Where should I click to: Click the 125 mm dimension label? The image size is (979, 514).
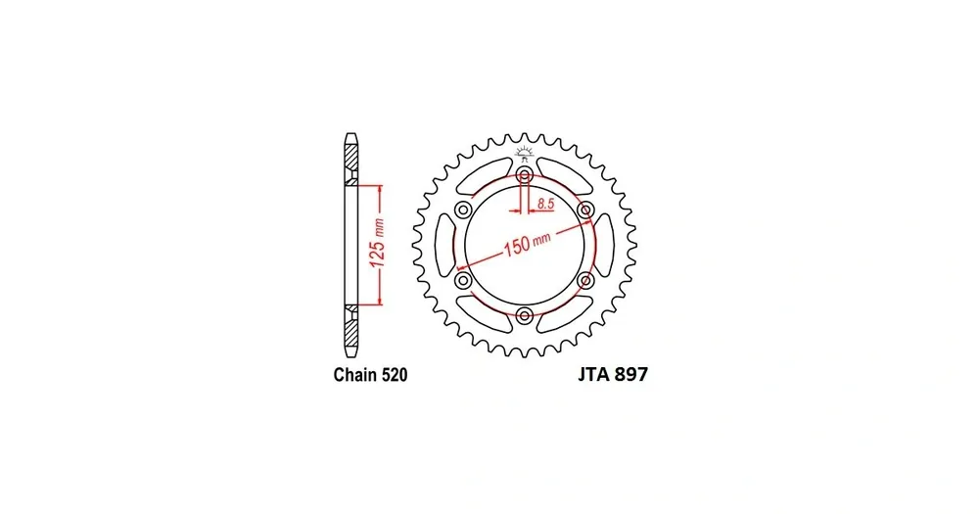(x=377, y=245)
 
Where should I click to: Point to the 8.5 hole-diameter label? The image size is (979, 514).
(x=545, y=203)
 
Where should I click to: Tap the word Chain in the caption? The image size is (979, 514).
(x=354, y=375)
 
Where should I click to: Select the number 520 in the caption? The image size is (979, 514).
(x=394, y=375)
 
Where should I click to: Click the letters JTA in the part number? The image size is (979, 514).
(x=594, y=374)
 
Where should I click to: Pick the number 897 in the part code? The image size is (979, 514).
(x=631, y=374)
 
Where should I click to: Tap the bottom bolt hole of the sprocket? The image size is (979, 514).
(x=525, y=315)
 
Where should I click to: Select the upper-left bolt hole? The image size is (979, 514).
(x=463, y=210)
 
